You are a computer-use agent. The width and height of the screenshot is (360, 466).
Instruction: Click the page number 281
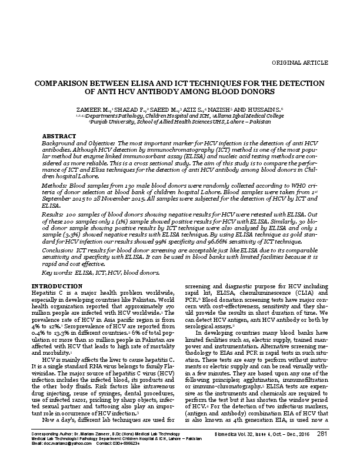point(322,451)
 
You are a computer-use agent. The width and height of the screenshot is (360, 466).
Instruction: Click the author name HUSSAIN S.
point(266,110)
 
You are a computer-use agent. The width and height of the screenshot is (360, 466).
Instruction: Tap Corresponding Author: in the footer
point(50,450)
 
